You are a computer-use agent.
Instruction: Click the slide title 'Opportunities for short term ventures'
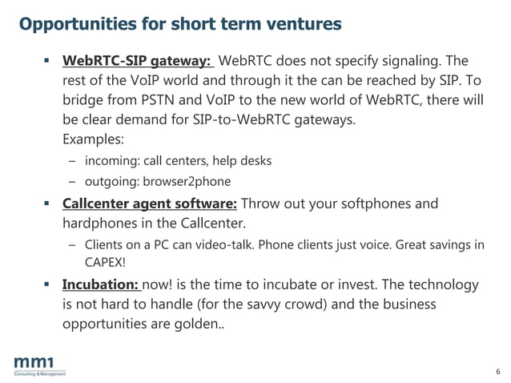click(x=180, y=24)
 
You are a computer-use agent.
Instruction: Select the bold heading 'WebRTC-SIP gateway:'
click(x=137, y=61)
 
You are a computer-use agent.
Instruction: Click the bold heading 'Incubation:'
click(x=102, y=285)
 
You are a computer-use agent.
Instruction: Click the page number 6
click(x=497, y=372)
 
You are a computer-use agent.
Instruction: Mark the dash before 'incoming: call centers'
click(x=71, y=160)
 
